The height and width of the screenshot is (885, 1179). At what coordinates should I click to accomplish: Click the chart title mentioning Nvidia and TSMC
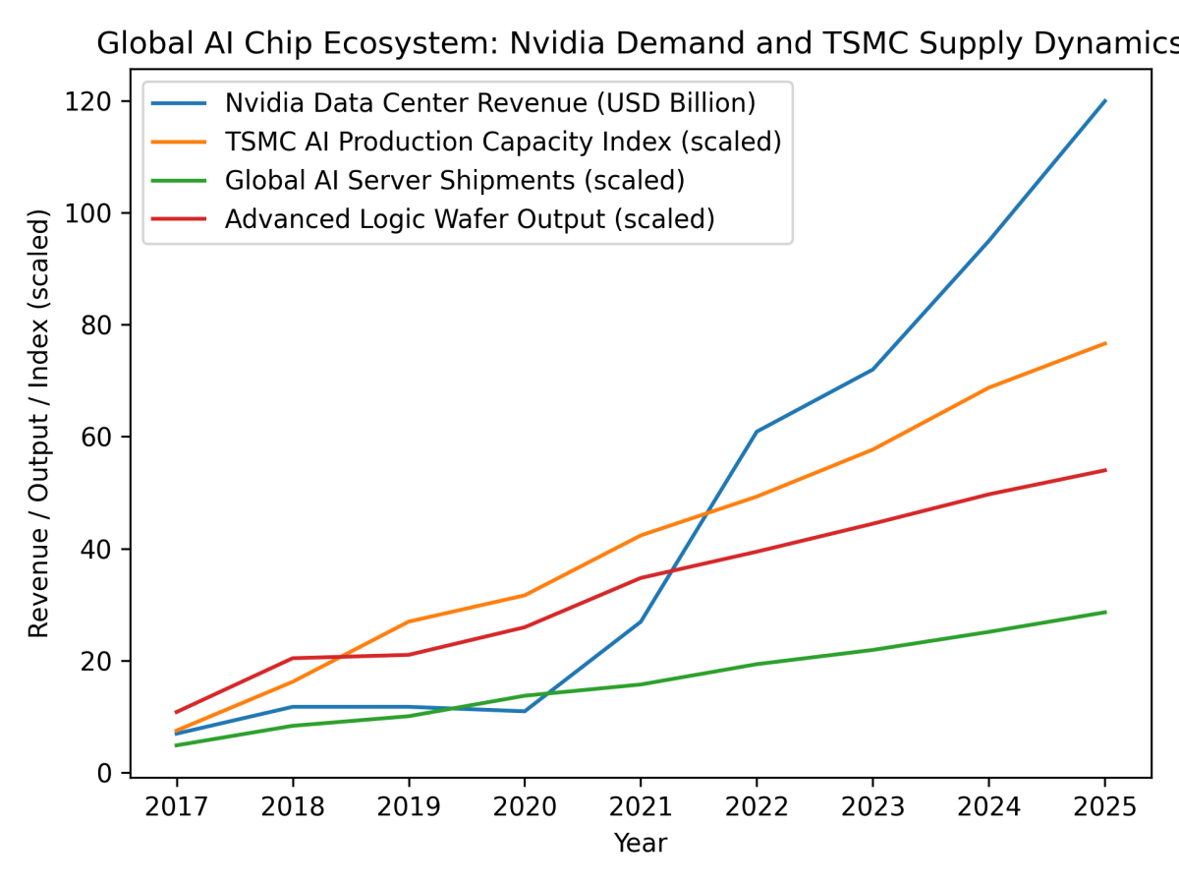pyautogui.click(x=637, y=44)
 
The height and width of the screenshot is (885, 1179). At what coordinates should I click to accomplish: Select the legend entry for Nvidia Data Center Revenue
pyautogui.click(x=489, y=102)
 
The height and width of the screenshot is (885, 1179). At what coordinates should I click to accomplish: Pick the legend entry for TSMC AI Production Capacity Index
pyautogui.click(x=502, y=142)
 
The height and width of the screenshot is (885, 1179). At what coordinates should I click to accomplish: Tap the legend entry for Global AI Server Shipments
pyautogui.click(x=454, y=180)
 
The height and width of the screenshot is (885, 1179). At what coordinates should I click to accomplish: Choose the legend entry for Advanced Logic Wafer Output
pyautogui.click(x=469, y=219)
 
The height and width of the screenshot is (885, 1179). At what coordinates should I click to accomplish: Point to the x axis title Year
pyautogui.click(x=641, y=843)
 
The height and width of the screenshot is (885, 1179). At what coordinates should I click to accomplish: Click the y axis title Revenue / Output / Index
pyautogui.click(x=39, y=423)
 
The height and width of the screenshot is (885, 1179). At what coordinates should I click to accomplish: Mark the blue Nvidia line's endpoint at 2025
pyautogui.click(x=1105, y=100)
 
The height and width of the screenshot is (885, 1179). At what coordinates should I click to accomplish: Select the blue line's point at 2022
pyautogui.click(x=757, y=432)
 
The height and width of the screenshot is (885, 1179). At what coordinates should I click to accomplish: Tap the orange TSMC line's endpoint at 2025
pyautogui.click(x=1105, y=343)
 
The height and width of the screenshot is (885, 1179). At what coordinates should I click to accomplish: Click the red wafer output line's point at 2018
pyautogui.click(x=293, y=658)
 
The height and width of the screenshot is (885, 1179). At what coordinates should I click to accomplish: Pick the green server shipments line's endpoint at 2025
pyautogui.click(x=1105, y=612)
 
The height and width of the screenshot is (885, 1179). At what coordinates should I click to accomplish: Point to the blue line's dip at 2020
pyautogui.click(x=525, y=711)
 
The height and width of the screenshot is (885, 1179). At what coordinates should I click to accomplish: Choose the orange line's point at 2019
pyautogui.click(x=409, y=621)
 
